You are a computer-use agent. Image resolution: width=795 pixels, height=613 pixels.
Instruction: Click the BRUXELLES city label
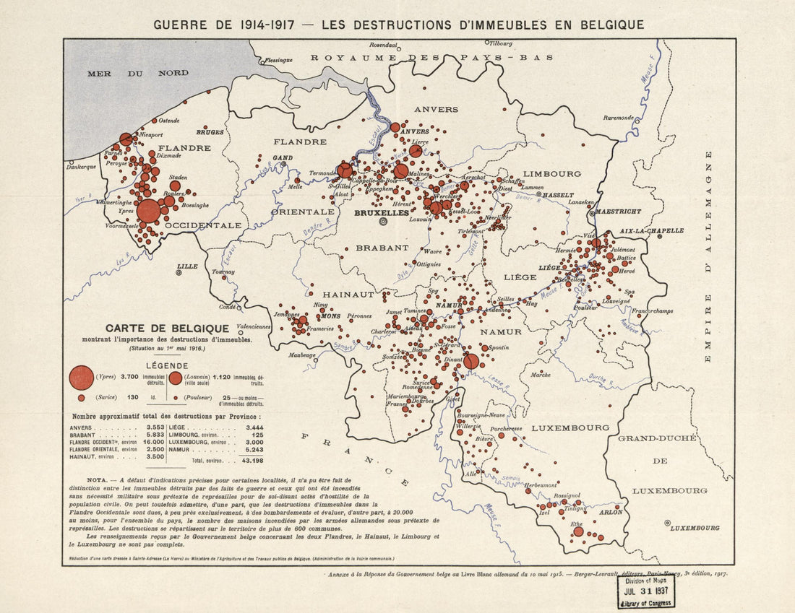[382, 214]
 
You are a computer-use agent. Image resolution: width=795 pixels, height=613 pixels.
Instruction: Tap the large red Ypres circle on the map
[148, 211]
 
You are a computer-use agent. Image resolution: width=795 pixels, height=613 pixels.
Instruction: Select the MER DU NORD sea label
[137, 73]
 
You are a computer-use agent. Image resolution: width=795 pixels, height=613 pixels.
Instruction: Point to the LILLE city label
[187, 266]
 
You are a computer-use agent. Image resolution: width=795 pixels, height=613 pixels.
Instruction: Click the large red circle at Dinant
[471, 361]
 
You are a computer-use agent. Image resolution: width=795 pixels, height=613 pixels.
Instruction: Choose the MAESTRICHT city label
[619, 212]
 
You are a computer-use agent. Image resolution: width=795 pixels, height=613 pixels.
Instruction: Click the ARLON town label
[611, 512]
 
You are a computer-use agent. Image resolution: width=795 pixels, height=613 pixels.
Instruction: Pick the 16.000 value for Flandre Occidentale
[153, 442]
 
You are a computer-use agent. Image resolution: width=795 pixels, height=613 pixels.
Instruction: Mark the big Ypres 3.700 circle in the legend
[81, 378]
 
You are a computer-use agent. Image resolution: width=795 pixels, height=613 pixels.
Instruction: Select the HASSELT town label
[559, 195]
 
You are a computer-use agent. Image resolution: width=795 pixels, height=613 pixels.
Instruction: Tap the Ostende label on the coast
[168, 120]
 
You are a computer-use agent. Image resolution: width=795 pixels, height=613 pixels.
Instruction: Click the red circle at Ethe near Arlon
[578, 531]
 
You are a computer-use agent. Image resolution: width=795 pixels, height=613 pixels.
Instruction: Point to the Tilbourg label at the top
[500, 43]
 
